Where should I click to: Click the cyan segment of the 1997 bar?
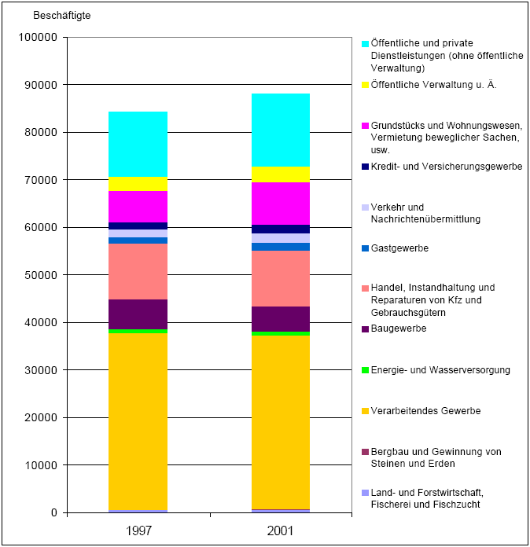click(x=138, y=145)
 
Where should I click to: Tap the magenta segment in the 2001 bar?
click(x=280, y=204)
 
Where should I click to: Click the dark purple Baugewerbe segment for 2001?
click(x=280, y=318)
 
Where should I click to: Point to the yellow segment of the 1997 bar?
click(x=138, y=184)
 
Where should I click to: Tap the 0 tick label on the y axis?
click(x=53, y=513)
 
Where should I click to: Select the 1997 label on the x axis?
click(x=138, y=530)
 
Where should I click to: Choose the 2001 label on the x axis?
click(x=280, y=530)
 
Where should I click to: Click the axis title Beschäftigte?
click(x=61, y=15)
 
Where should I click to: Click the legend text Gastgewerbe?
click(x=400, y=248)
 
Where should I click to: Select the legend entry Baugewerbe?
click(x=399, y=329)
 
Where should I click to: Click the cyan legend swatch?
click(x=365, y=43)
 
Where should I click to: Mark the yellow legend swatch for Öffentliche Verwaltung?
click(x=365, y=85)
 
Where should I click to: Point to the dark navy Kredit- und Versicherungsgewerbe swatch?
click(x=365, y=167)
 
